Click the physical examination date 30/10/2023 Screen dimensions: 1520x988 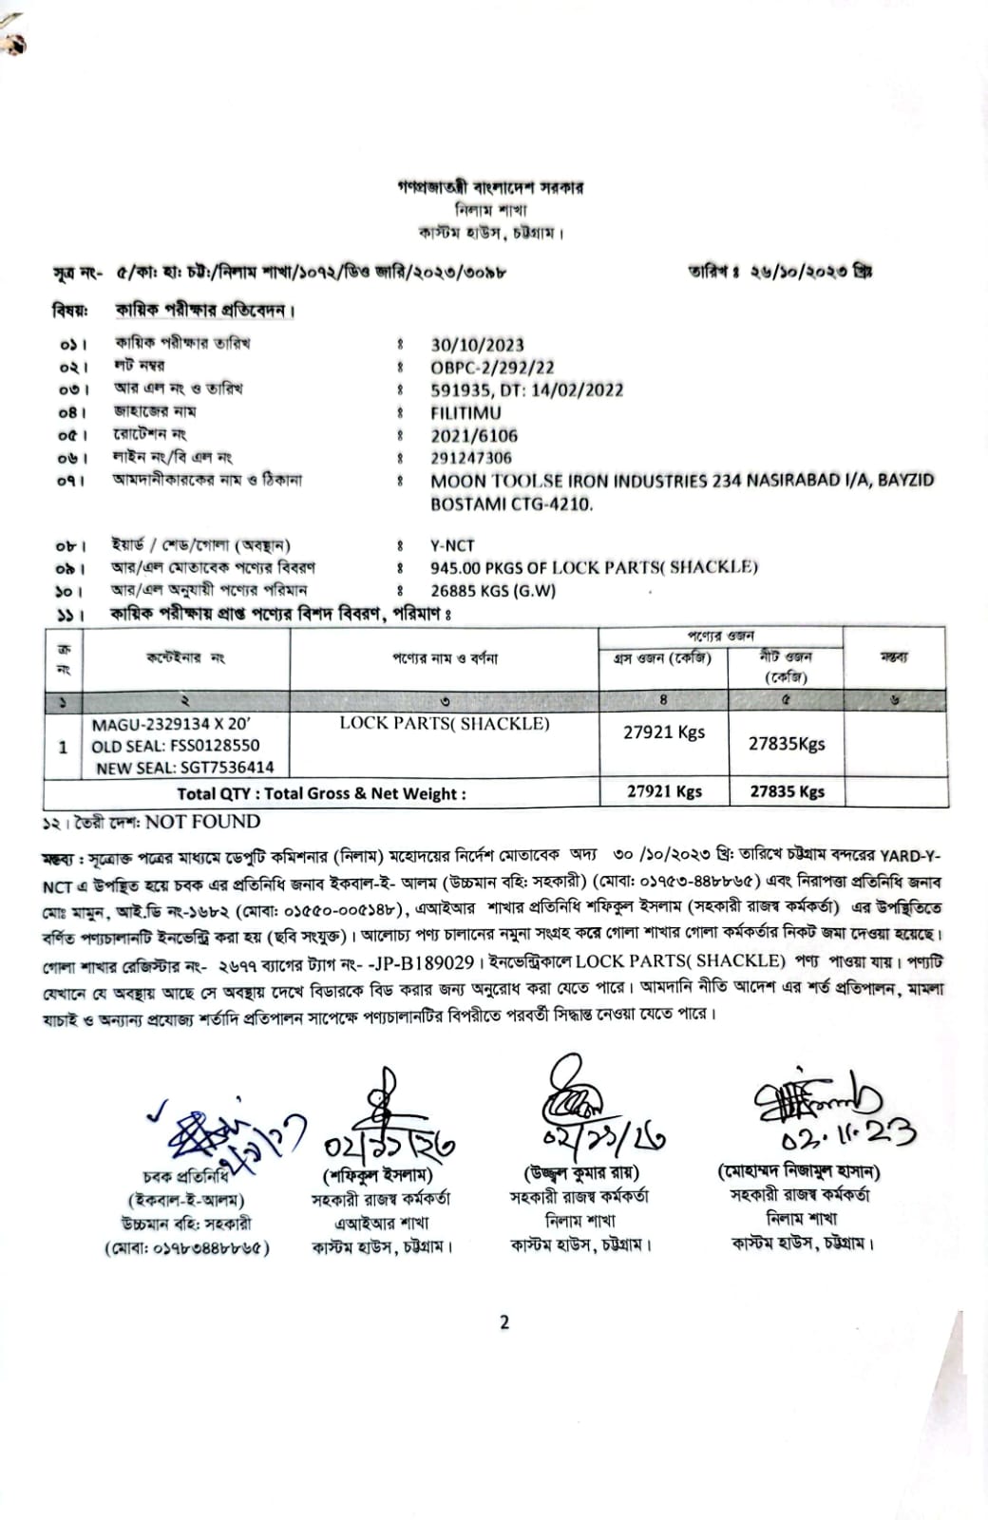coord(477,345)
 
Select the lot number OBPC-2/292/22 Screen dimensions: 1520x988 coord(492,368)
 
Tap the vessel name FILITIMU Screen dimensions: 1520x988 coord(465,413)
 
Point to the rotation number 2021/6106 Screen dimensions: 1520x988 coord(474,436)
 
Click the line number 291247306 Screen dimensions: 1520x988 coord(471,458)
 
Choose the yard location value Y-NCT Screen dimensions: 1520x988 coord(452,546)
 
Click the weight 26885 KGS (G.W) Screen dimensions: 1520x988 coord(493,591)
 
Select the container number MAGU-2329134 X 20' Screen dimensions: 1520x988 coord(171,725)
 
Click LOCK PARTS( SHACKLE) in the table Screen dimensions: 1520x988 coord(445,724)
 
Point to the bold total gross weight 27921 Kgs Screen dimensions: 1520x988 coord(664,791)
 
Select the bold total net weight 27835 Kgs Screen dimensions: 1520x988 coord(787,791)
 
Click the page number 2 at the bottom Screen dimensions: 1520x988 coord(504,1321)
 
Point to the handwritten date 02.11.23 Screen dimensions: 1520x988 coord(848,1131)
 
